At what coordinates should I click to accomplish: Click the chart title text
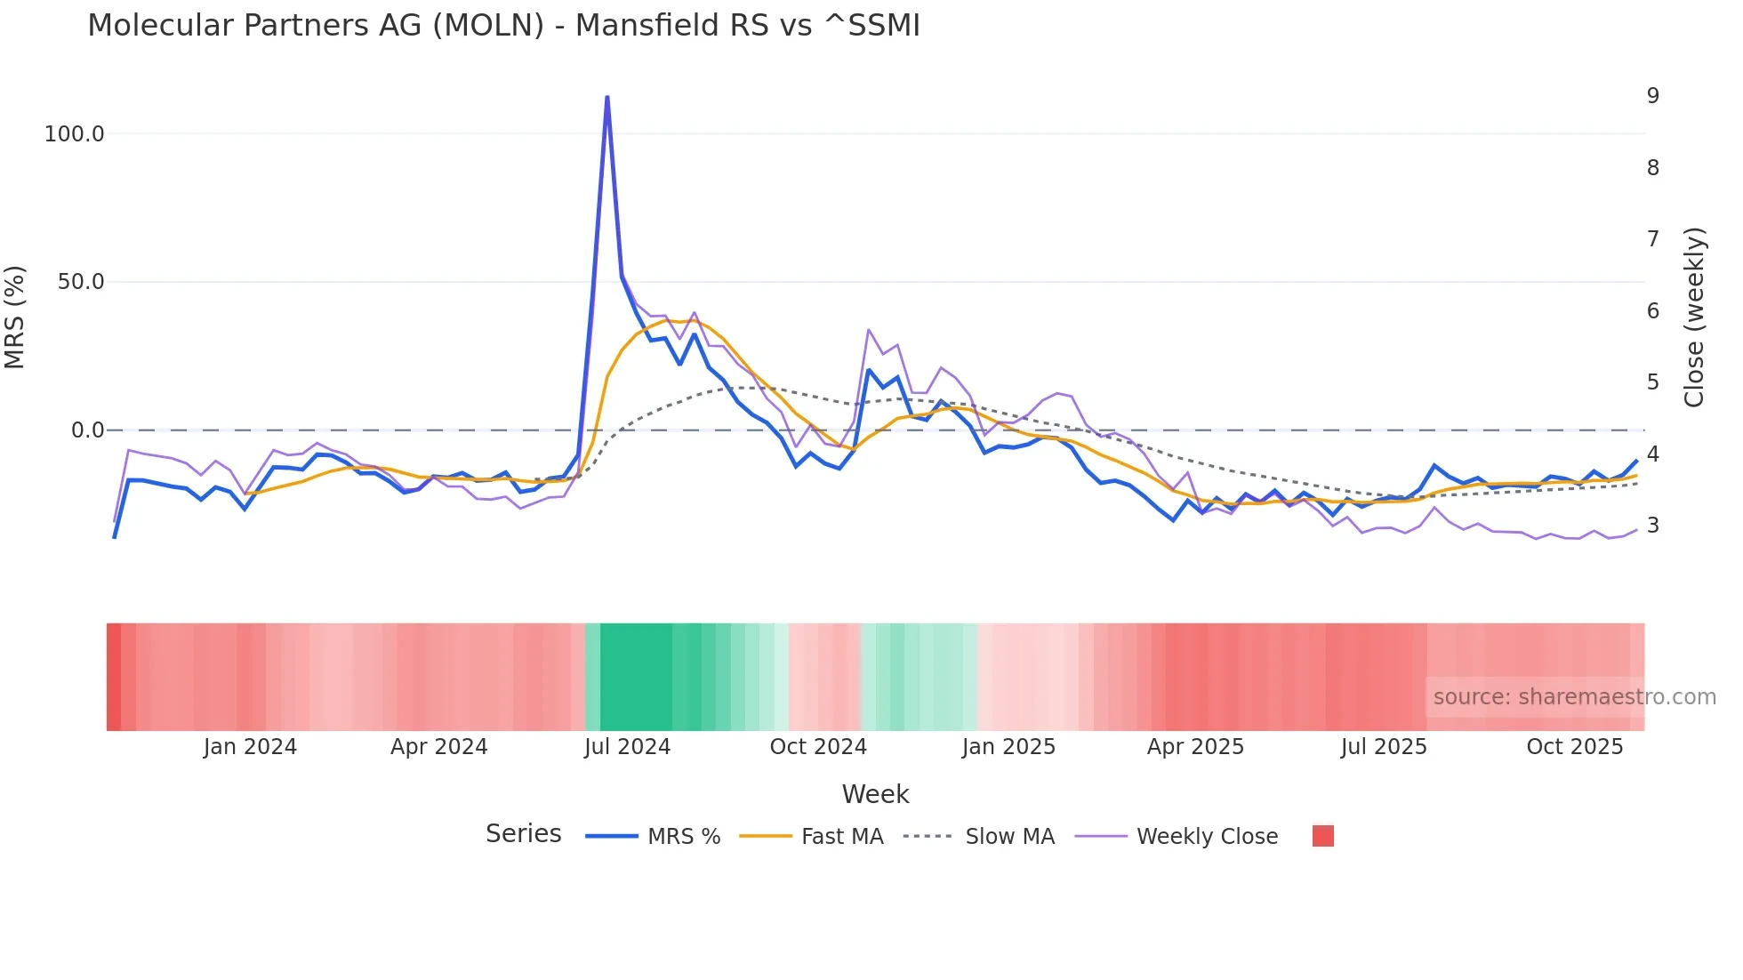[503, 25]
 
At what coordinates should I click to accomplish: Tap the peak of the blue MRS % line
[607, 97]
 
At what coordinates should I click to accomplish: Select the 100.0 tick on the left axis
[74, 134]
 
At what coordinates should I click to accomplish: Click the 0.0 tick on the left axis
[87, 430]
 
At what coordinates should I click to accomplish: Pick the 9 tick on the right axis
[1652, 96]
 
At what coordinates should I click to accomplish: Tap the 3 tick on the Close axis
[1652, 526]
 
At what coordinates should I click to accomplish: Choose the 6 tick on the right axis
[1652, 311]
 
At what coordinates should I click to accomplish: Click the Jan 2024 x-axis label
[250, 747]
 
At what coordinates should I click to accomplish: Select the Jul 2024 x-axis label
[627, 747]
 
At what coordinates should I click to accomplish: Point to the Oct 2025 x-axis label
[1574, 747]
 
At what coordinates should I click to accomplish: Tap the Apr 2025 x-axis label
[1195, 747]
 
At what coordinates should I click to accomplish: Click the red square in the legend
[1322, 836]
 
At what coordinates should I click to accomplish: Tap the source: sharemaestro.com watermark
[1574, 697]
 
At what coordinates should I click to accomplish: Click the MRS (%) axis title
[15, 317]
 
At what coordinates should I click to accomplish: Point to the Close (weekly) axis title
[1694, 317]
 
